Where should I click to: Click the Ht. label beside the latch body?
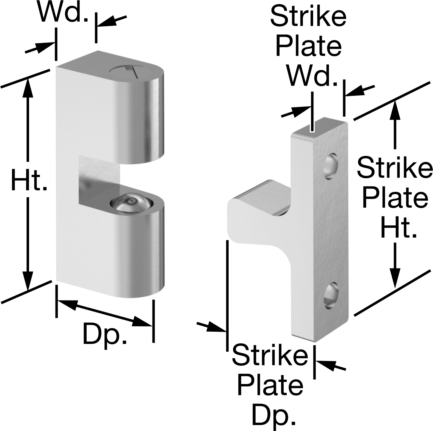(29, 180)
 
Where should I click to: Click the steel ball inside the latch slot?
(132, 202)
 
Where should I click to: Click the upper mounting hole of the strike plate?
(331, 166)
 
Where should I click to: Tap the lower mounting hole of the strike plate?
(331, 296)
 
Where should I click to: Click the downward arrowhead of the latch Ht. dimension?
(28, 281)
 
